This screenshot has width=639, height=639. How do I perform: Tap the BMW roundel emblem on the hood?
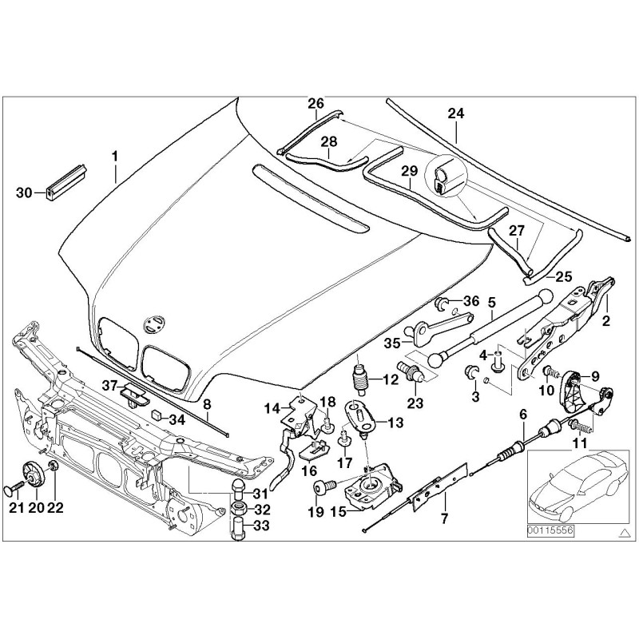point(152,323)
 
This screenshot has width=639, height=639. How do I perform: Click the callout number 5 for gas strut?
point(492,302)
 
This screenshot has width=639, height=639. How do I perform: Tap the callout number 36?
point(471,301)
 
